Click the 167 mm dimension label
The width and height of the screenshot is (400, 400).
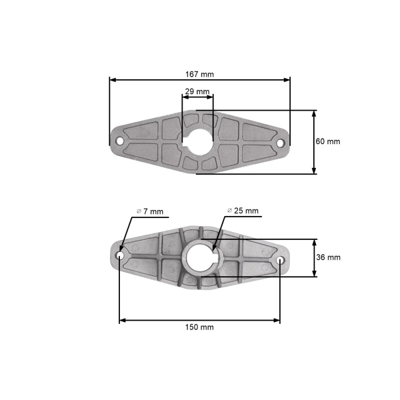(x=200, y=74)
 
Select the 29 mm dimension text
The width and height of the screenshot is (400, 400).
(x=197, y=91)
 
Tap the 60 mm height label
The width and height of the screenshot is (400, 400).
(x=328, y=142)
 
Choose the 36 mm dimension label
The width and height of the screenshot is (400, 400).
(x=328, y=257)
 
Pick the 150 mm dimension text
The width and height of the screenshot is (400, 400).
(x=200, y=327)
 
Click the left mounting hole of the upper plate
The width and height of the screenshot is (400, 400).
(x=119, y=141)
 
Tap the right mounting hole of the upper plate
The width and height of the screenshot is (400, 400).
(x=281, y=142)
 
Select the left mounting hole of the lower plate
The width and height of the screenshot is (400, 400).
(x=120, y=256)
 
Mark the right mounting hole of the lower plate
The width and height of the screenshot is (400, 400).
(x=281, y=259)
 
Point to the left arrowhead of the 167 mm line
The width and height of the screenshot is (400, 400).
(x=112, y=80)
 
